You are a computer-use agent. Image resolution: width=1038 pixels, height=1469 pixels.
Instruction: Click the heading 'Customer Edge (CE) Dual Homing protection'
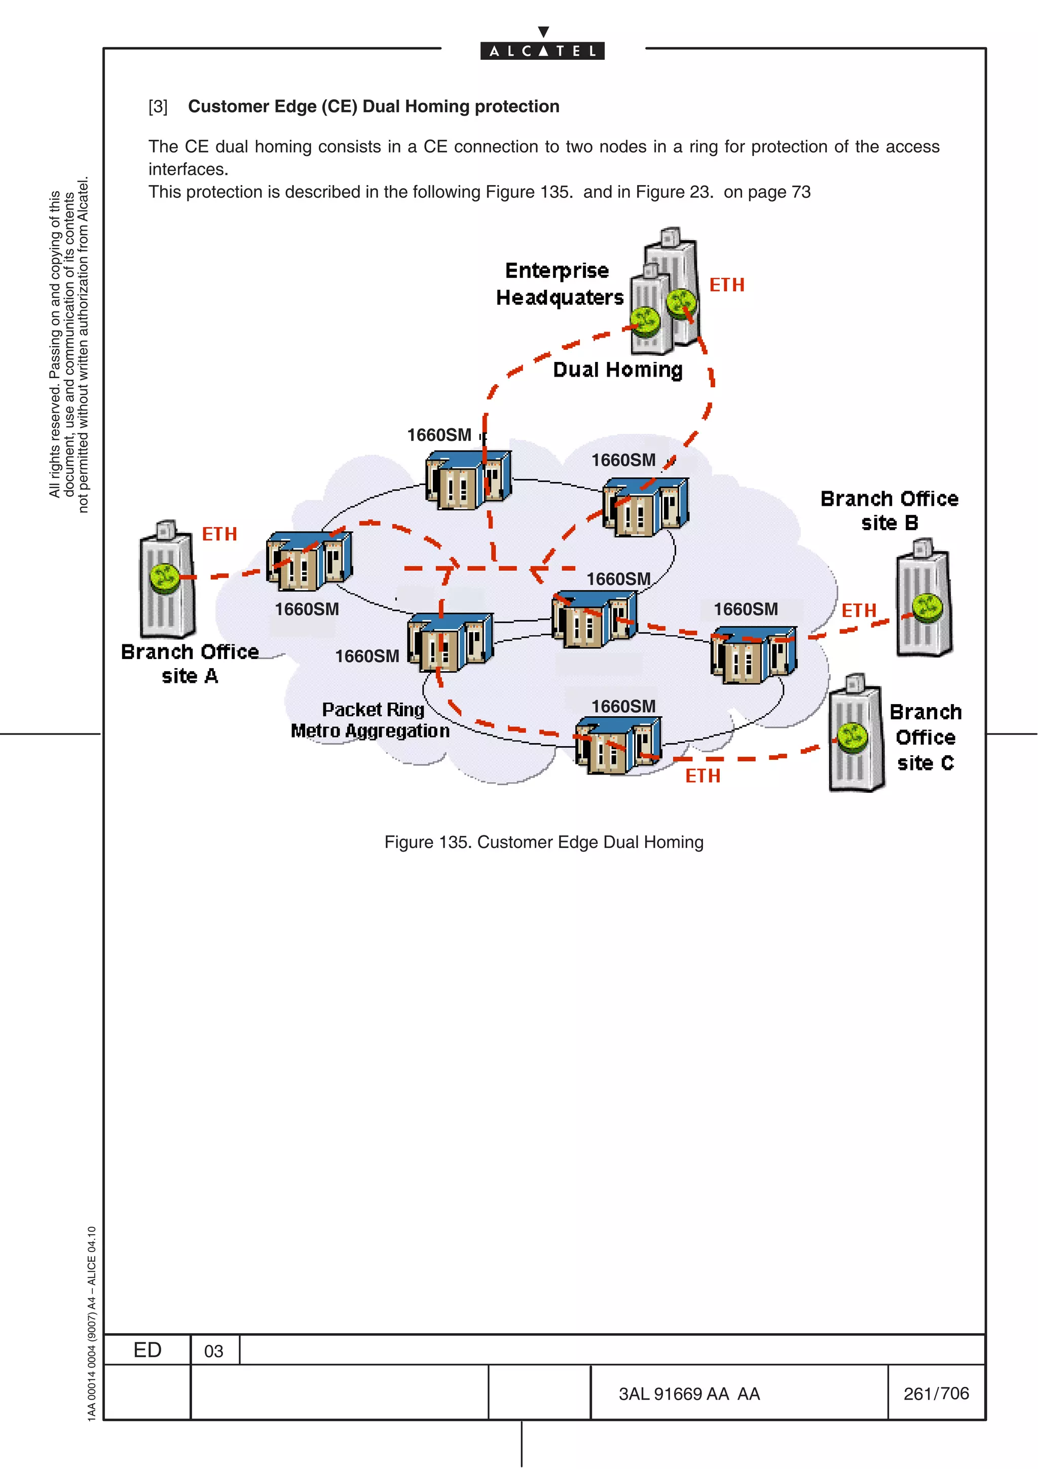(374, 106)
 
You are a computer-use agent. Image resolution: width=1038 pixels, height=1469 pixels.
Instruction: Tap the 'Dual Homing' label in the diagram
(617, 370)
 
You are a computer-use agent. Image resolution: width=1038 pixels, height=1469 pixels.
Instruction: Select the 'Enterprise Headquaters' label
(559, 284)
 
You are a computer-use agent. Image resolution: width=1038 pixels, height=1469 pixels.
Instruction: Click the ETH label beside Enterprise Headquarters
(726, 285)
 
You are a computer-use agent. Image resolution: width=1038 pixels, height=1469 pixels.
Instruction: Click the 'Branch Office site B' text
(889, 510)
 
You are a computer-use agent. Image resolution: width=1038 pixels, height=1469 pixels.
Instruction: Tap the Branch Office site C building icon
(856, 734)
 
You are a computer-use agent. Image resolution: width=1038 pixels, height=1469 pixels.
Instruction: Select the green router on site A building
(164, 577)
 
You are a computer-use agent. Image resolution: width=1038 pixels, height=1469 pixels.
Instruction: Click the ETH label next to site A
(219, 534)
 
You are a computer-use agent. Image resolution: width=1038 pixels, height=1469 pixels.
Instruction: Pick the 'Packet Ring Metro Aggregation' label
(371, 720)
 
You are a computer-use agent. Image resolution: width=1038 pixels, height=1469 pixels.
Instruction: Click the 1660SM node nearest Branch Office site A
(309, 561)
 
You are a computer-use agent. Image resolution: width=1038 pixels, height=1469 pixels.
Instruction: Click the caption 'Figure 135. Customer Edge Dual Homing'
(544, 842)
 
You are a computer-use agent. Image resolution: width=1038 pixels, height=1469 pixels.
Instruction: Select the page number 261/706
(936, 1393)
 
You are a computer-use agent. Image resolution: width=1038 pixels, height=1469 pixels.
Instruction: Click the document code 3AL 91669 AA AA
(689, 1394)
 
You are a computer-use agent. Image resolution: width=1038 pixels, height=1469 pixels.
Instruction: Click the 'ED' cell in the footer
(147, 1350)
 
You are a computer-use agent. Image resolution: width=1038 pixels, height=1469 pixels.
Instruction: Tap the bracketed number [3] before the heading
(158, 107)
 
